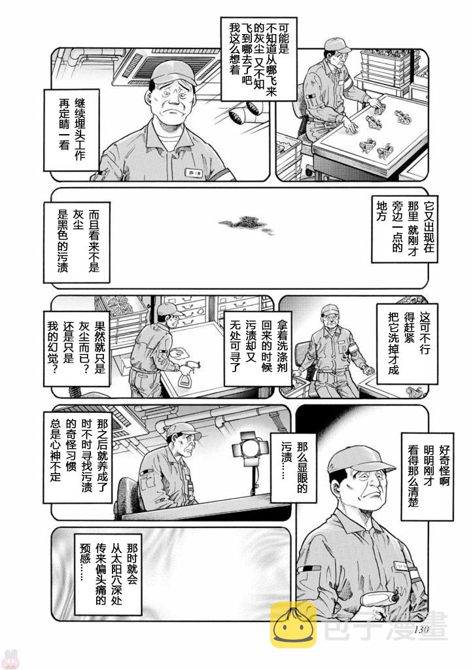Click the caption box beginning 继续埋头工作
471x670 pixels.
(72, 130)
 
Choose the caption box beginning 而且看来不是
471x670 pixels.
(77, 242)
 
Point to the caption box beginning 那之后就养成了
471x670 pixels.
(78, 456)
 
